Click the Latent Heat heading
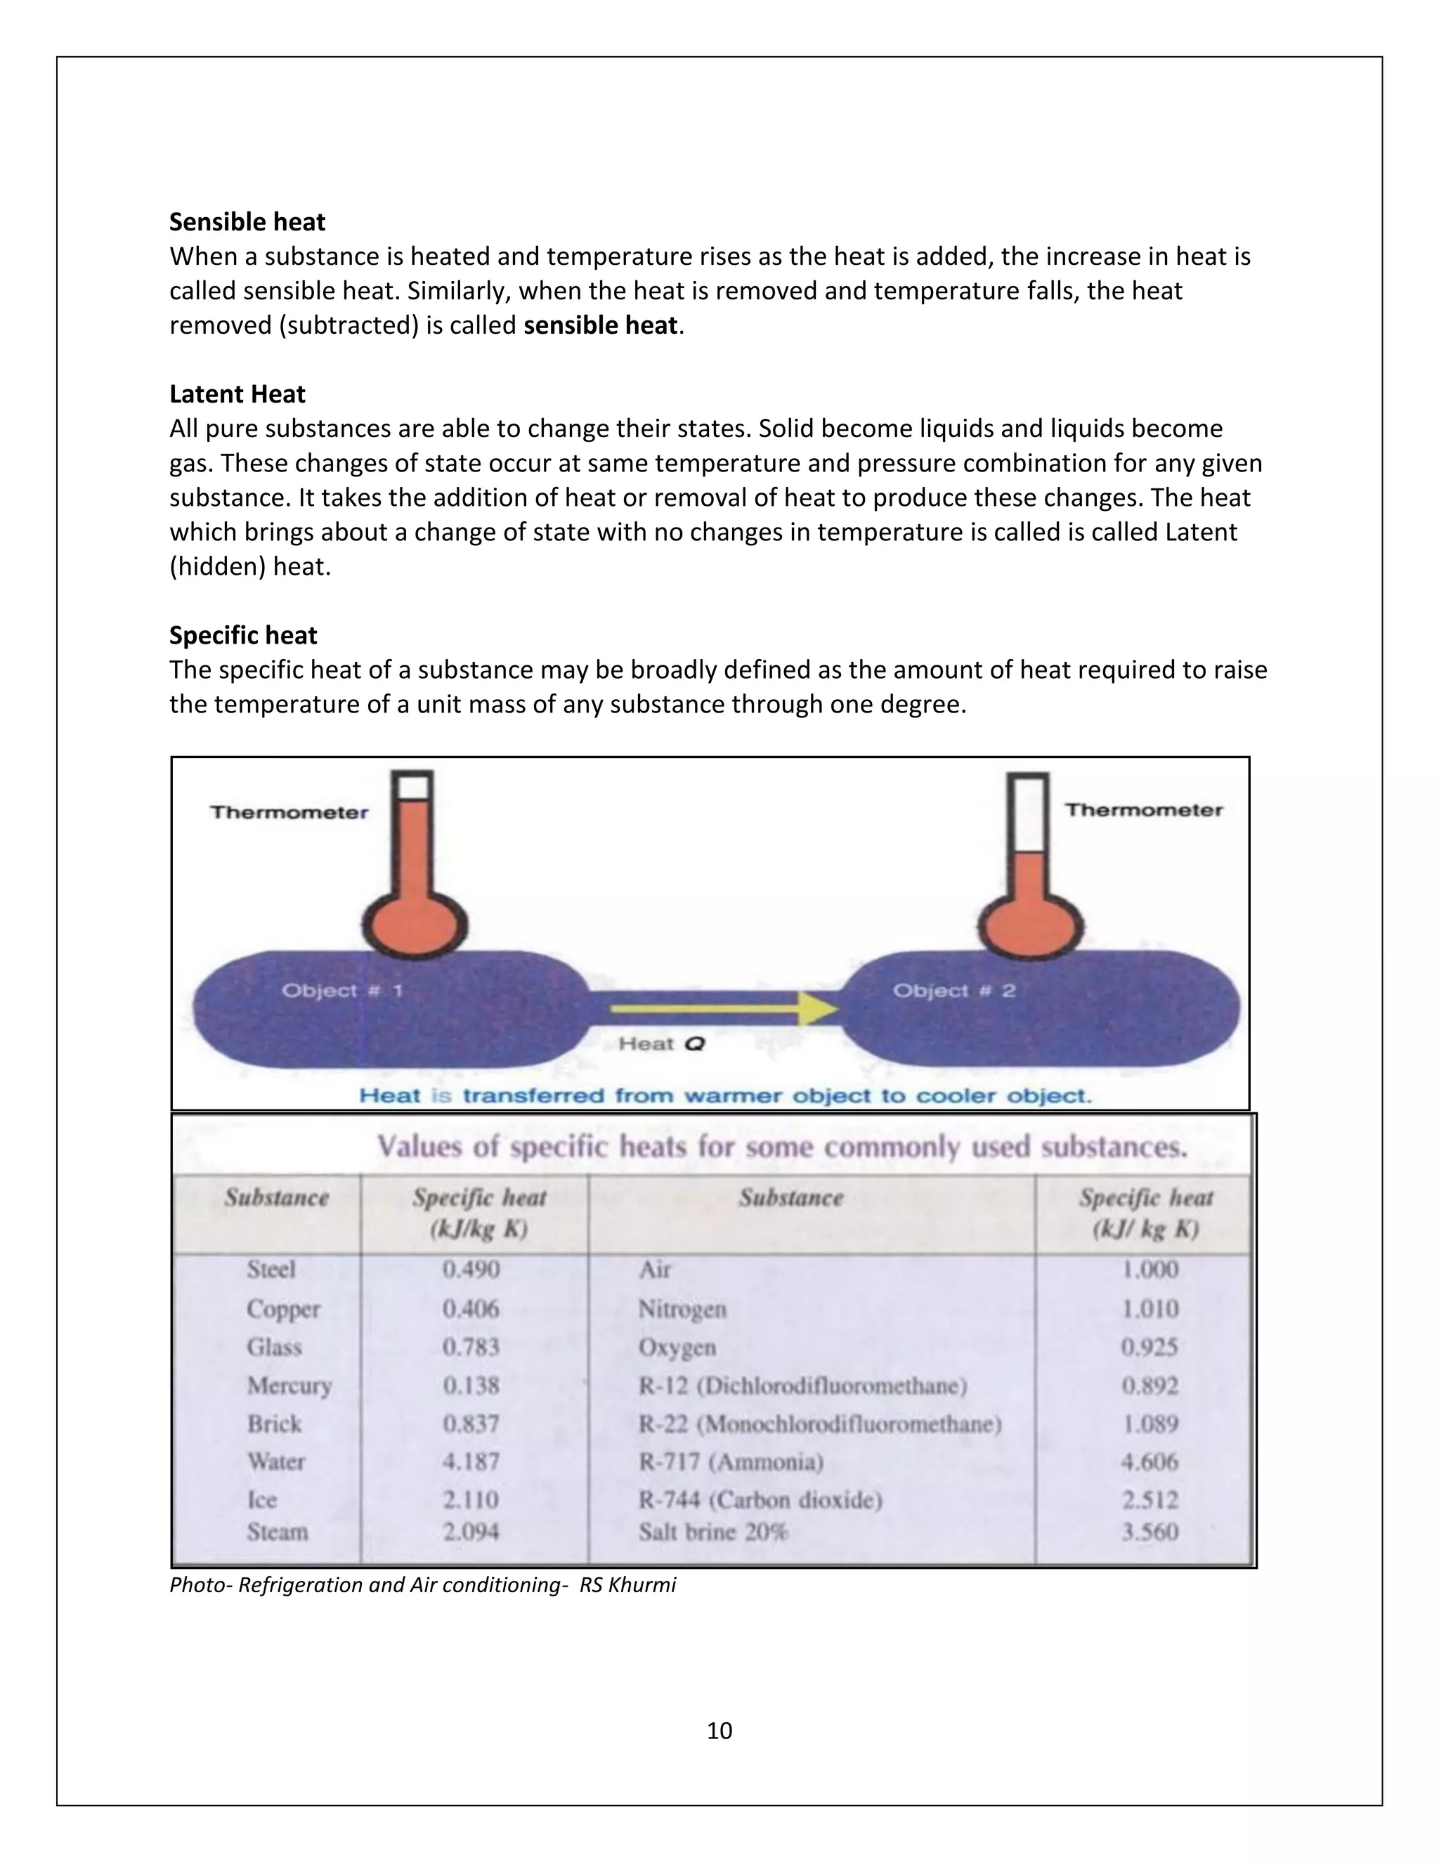tap(237, 394)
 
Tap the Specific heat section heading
tap(243, 635)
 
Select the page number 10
tap(719, 1731)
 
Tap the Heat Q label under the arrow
tap(661, 1043)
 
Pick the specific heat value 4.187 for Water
tap(471, 1461)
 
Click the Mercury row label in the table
tap(289, 1386)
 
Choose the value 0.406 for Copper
tap(471, 1309)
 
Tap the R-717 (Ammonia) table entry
tap(731, 1462)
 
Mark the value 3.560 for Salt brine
tap(1149, 1532)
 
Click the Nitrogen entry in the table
tap(682, 1309)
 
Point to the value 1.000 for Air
tap(1149, 1270)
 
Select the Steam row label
tap(277, 1532)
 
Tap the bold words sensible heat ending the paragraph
tap(600, 326)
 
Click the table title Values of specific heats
tap(782, 1147)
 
